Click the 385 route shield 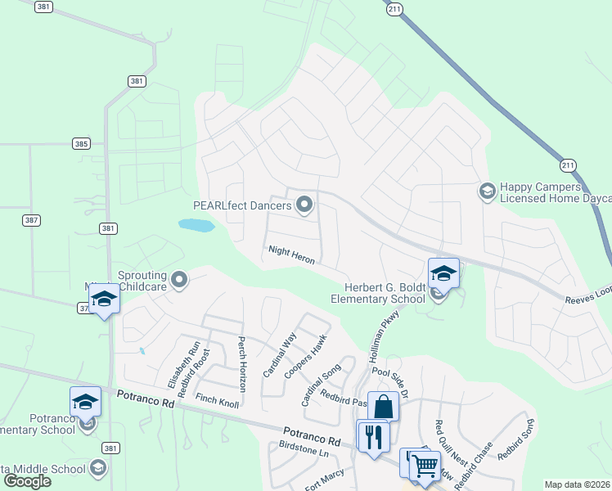(x=80, y=143)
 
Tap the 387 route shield (x=31, y=221)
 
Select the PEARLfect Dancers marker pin (x=304, y=204)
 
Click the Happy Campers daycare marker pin (x=487, y=191)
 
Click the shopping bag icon (x=383, y=407)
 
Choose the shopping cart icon (x=424, y=466)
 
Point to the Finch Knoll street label (x=218, y=400)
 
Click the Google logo (x=27, y=481)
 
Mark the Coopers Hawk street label (x=305, y=356)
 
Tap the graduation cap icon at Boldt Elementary (x=443, y=273)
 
